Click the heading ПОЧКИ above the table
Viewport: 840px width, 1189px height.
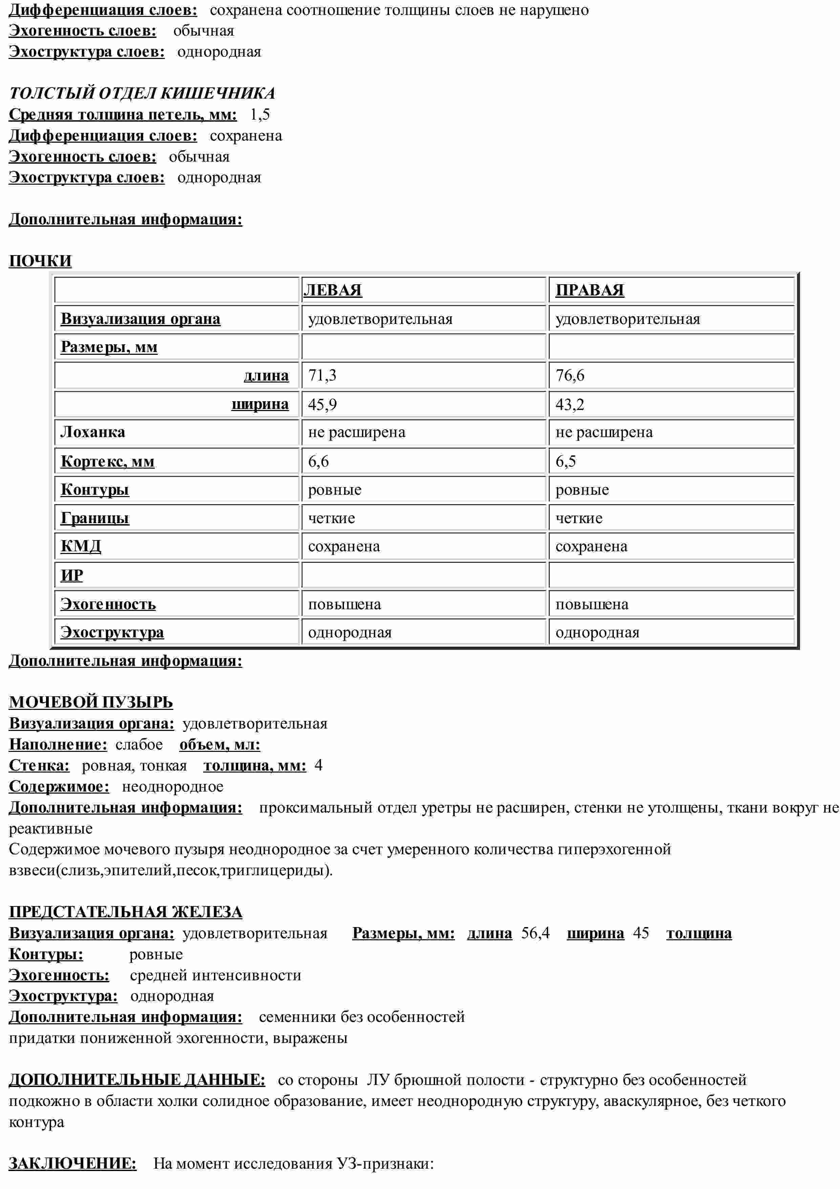40,261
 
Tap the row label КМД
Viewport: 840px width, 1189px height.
81,546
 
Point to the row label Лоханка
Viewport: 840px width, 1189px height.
93,432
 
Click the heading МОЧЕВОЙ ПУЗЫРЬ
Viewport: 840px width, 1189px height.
91,702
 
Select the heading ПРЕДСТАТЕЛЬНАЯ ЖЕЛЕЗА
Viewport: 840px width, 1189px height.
125,911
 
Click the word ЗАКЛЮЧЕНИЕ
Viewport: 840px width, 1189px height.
72,1163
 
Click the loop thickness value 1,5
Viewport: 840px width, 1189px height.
259,115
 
